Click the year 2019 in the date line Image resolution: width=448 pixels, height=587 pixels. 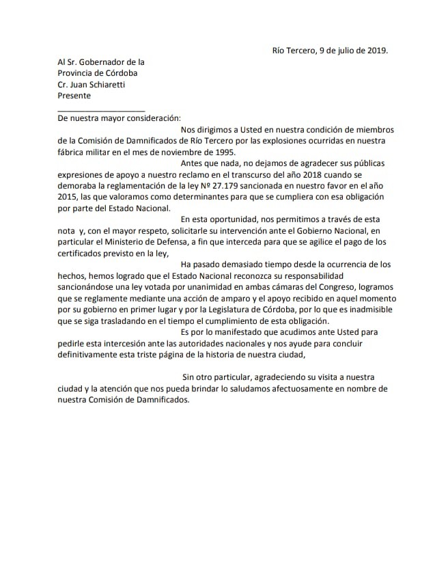coord(376,50)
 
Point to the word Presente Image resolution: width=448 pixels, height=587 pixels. coord(74,96)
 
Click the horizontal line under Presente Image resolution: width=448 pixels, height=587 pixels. coord(101,109)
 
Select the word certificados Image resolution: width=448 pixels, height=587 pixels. coord(84,253)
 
